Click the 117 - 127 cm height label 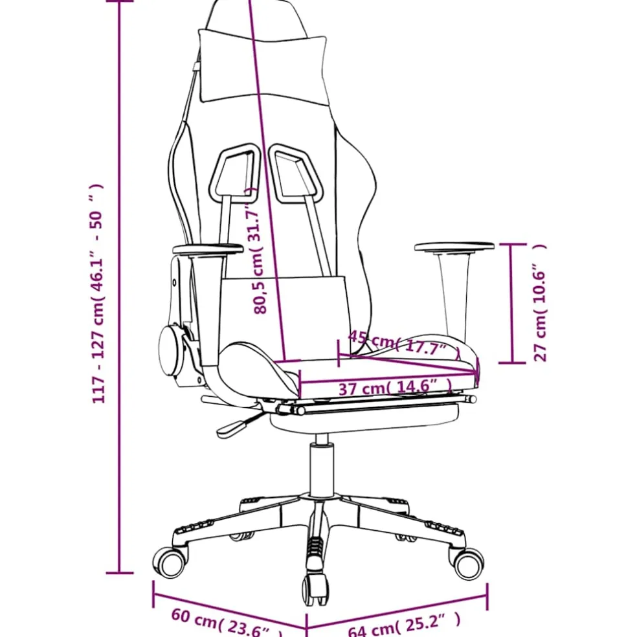(98, 293)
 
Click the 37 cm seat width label (396, 387)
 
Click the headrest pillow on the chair (262, 67)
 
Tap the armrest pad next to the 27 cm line (454, 247)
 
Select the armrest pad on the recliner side (208, 249)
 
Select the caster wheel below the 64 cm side (467, 563)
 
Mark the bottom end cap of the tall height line (119, 573)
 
